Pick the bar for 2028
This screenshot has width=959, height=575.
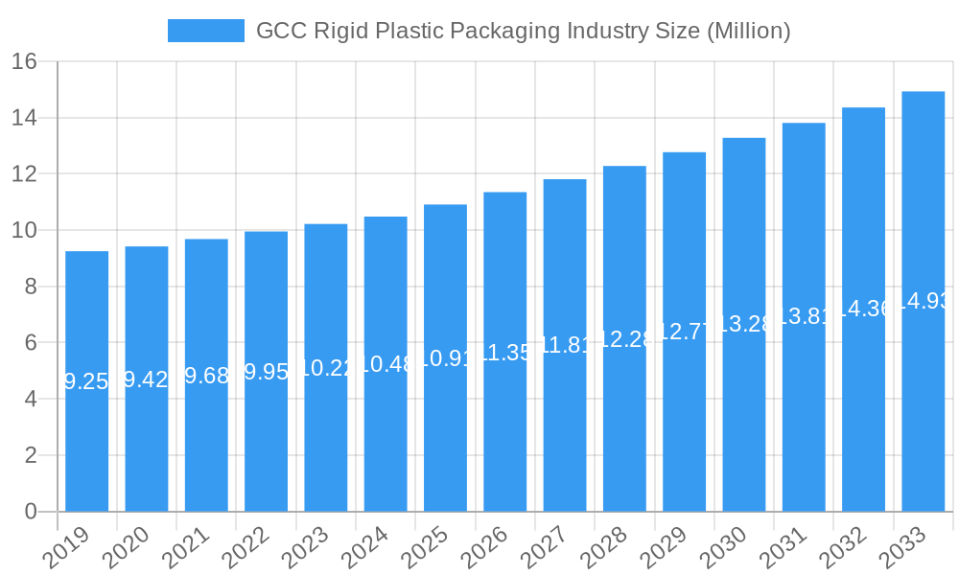[x=624, y=431]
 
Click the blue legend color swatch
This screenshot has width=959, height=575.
[x=205, y=31]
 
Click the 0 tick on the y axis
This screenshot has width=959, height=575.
[x=31, y=512]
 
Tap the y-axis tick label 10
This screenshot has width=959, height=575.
[x=25, y=231]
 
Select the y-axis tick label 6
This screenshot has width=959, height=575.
[x=31, y=343]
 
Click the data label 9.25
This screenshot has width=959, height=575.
[x=86, y=381]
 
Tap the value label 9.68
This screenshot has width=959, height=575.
[x=206, y=376]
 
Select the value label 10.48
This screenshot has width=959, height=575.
[x=386, y=364]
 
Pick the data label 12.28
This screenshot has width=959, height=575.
[x=624, y=339]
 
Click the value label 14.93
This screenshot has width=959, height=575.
[x=923, y=301]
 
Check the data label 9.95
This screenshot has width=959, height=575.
[x=266, y=372]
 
